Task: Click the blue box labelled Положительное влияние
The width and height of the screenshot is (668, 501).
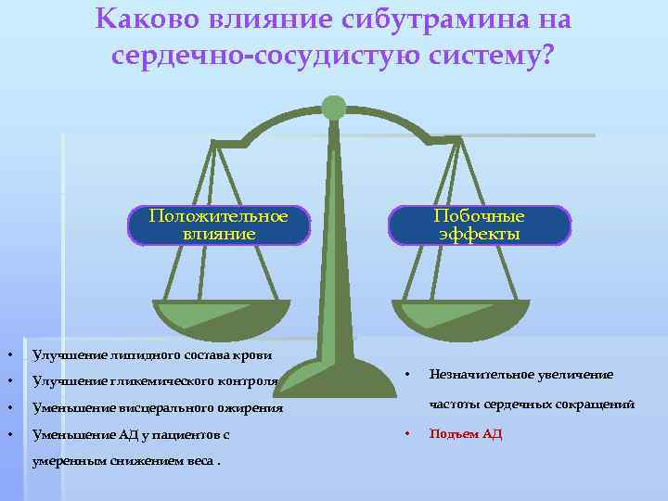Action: pos(218,225)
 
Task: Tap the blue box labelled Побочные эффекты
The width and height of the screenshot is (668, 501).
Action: pos(479,225)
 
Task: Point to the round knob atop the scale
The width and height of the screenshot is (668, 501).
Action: pos(334,107)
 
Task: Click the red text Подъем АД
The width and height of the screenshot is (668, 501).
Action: pos(465,433)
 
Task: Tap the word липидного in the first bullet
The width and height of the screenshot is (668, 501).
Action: pos(128,354)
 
